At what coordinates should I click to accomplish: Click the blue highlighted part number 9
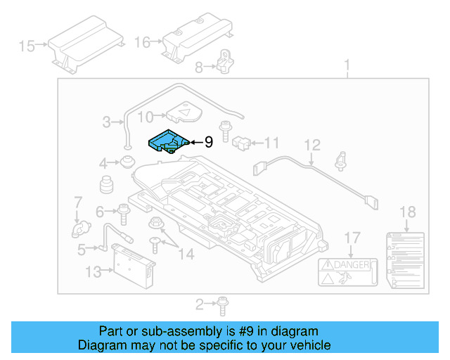(166, 141)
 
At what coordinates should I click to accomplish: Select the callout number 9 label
(208, 142)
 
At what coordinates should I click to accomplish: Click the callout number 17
(352, 237)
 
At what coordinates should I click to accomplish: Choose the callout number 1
(346, 67)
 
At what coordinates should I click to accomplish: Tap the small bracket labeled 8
(226, 62)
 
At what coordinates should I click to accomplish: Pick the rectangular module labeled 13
(131, 266)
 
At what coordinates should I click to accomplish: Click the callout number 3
(106, 122)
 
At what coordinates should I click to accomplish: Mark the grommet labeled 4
(127, 163)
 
